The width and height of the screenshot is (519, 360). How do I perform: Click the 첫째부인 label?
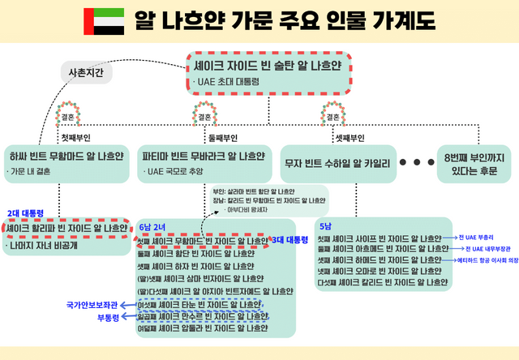[x=79, y=138]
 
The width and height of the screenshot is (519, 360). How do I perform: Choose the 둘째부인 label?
[x=223, y=138]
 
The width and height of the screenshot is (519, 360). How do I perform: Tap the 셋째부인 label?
[x=350, y=138]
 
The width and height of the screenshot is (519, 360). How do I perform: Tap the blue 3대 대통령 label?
[x=290, y=240]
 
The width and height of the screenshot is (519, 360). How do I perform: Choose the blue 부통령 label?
[x=108, y=317]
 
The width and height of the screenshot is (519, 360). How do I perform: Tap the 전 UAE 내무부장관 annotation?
[x=488, y=249]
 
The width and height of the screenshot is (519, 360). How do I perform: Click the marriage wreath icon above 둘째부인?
[x=202, y=113]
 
